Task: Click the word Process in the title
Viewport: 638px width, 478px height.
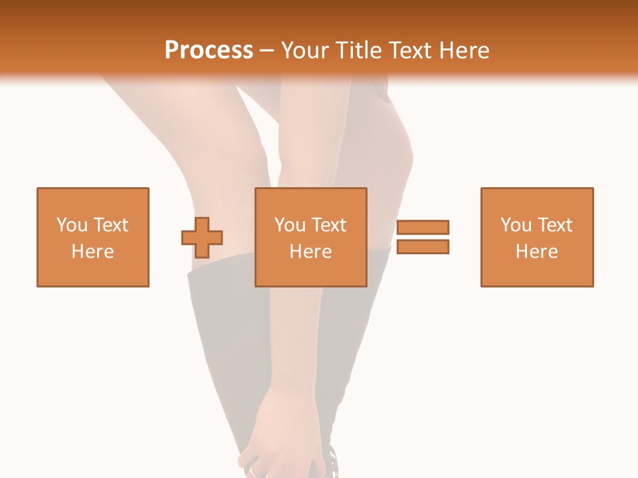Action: click(209, 50)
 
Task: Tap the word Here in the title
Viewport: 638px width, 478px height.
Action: click(466, 50)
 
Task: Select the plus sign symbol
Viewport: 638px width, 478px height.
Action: click(202, 237)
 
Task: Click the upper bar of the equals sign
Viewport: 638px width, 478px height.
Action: click(423, 227)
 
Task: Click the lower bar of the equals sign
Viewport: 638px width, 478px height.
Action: click(423, 247)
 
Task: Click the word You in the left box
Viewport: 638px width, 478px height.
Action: click(72, 224)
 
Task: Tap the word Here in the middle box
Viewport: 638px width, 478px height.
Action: click(311, 252)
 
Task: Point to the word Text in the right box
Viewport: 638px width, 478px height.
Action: click(554, 224)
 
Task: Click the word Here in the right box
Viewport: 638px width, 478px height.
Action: click(537, 252)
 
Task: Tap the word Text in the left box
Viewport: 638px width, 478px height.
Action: click(110, 224)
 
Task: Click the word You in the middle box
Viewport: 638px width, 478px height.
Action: click(290, 224)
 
